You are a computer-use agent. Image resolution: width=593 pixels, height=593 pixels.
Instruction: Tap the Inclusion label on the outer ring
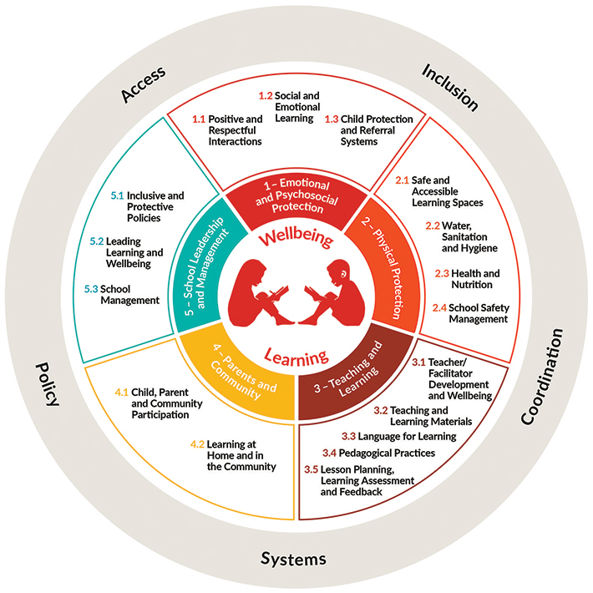point(449,87)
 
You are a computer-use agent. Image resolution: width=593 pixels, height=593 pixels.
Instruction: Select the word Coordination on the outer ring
point(543,378)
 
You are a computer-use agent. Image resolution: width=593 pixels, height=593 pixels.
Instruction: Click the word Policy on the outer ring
point(48,383)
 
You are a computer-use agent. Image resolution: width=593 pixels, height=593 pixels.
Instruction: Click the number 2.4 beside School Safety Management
point(438,307)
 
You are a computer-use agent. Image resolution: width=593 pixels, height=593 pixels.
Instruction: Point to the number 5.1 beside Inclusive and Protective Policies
point(117,195)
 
